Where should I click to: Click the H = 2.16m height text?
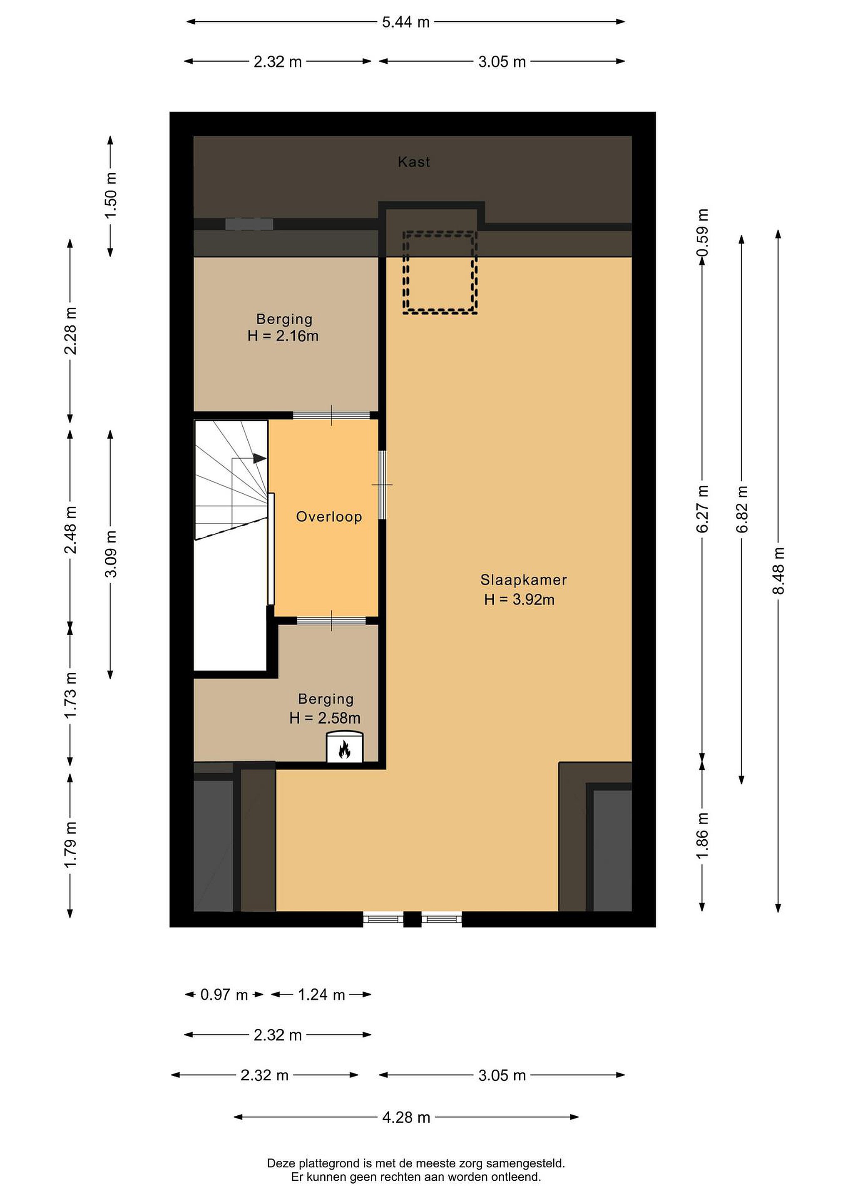[x=283, y=336]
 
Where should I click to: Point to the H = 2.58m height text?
[x=325, y=718]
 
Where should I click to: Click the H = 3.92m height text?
[x=519, y=599]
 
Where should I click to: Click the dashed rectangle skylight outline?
[x=440, y=272]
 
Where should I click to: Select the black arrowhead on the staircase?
[x=259, y=458]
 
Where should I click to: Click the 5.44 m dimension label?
[x=406, y=22]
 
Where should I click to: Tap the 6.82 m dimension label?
[x=741, y=509]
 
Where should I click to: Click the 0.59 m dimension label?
[x=703, y=232]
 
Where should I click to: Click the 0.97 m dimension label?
[x=224, y=995]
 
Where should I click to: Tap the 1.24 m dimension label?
[x=322, y=995]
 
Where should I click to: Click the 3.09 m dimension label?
[x=111, y=554]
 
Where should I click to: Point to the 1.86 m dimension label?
[x=703, y=835]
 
